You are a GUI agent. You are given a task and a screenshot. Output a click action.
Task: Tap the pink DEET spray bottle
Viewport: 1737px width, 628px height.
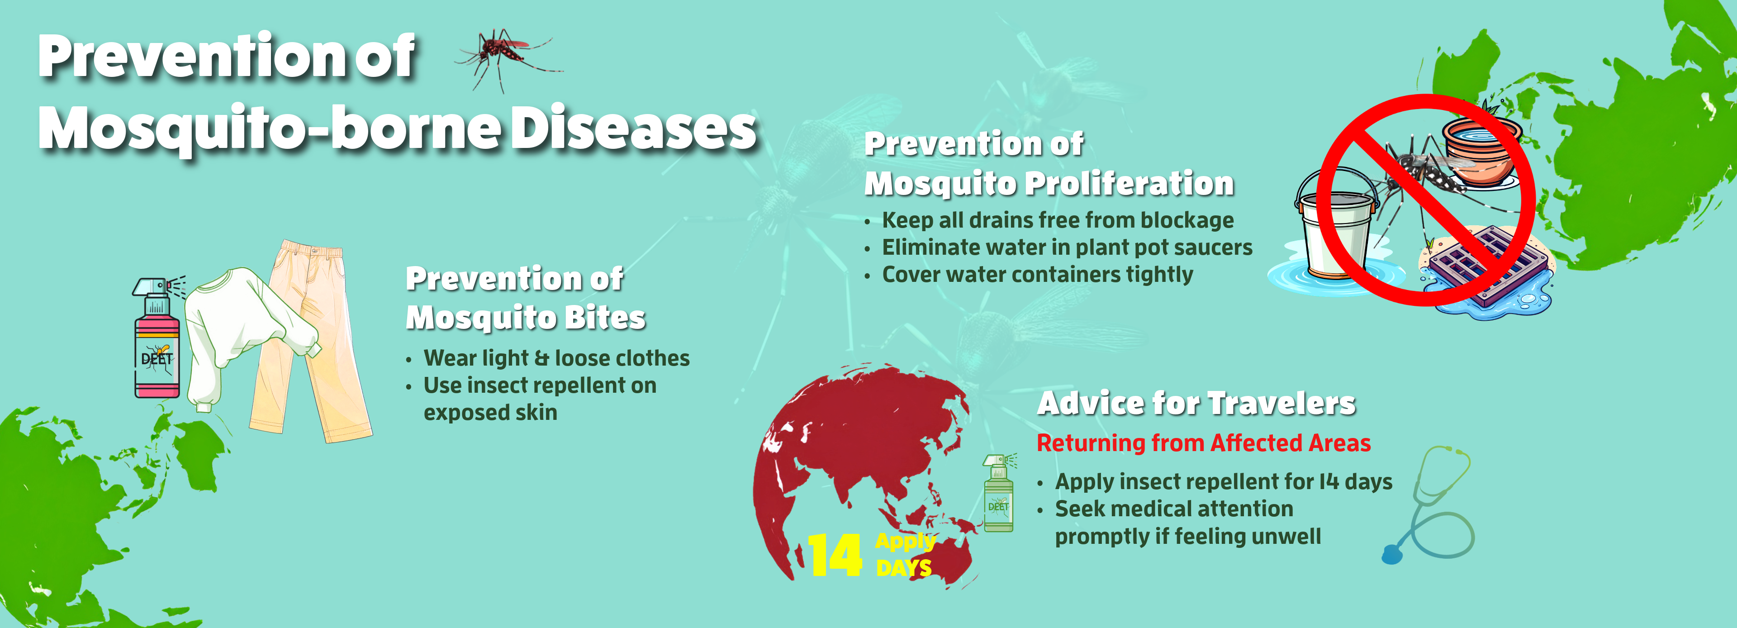(157, 344)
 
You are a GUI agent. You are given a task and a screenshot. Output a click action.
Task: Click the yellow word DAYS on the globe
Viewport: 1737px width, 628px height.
(904, 568)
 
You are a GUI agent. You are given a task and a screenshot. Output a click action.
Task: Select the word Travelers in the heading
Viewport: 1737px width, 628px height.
(1281, 404)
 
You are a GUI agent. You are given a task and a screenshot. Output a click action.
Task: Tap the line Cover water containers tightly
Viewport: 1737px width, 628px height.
(1037, 275)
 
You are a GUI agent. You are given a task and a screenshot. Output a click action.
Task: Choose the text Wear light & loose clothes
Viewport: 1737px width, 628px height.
(556, 358)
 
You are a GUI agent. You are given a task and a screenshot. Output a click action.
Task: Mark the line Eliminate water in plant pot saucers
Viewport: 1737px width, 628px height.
(1067, 247)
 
